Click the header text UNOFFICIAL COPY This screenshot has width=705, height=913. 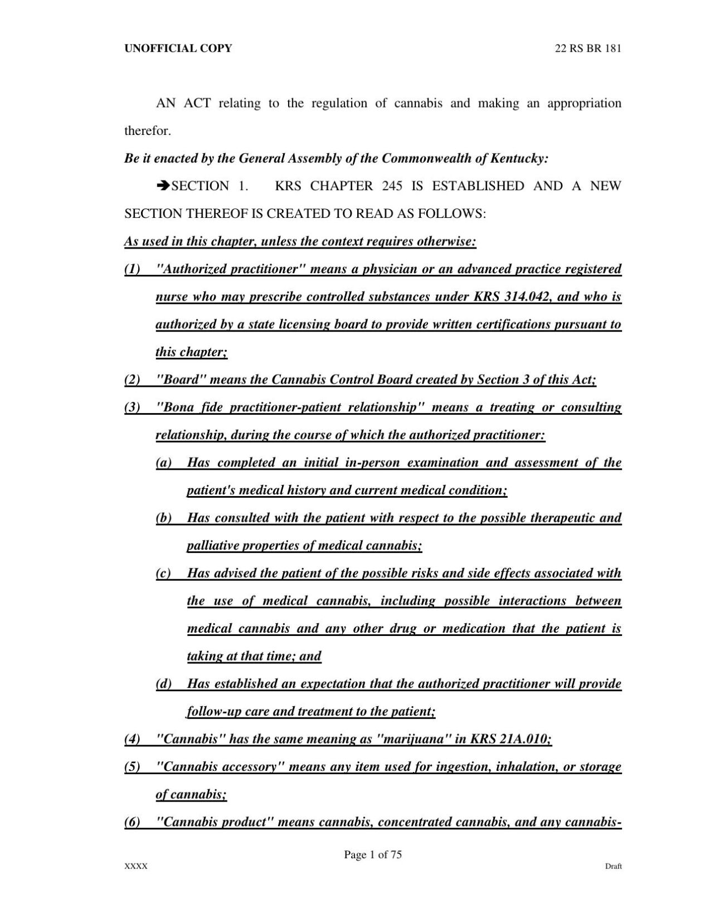[x=178, y=48]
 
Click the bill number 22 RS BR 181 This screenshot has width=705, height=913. [x=588, y=48]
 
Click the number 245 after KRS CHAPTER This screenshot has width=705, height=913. [x=392, y=186]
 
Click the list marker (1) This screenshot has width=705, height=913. [x=132, y=270]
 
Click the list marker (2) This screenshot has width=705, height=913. [x=132, y=380]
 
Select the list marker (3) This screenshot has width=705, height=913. [x=132, y=407]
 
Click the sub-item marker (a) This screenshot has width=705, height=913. [x=163, y=463]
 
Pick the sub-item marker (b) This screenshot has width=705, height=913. [x=163, y=518]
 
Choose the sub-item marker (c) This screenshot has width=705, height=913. [x=163, y=573]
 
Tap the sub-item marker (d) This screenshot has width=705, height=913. [x=163, y=684]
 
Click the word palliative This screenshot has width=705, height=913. [x=209, y=546]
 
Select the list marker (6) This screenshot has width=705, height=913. [x=132, y=822]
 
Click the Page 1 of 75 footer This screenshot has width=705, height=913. [x=373, y=855]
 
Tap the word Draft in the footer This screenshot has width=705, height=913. [x=613, y=867]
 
